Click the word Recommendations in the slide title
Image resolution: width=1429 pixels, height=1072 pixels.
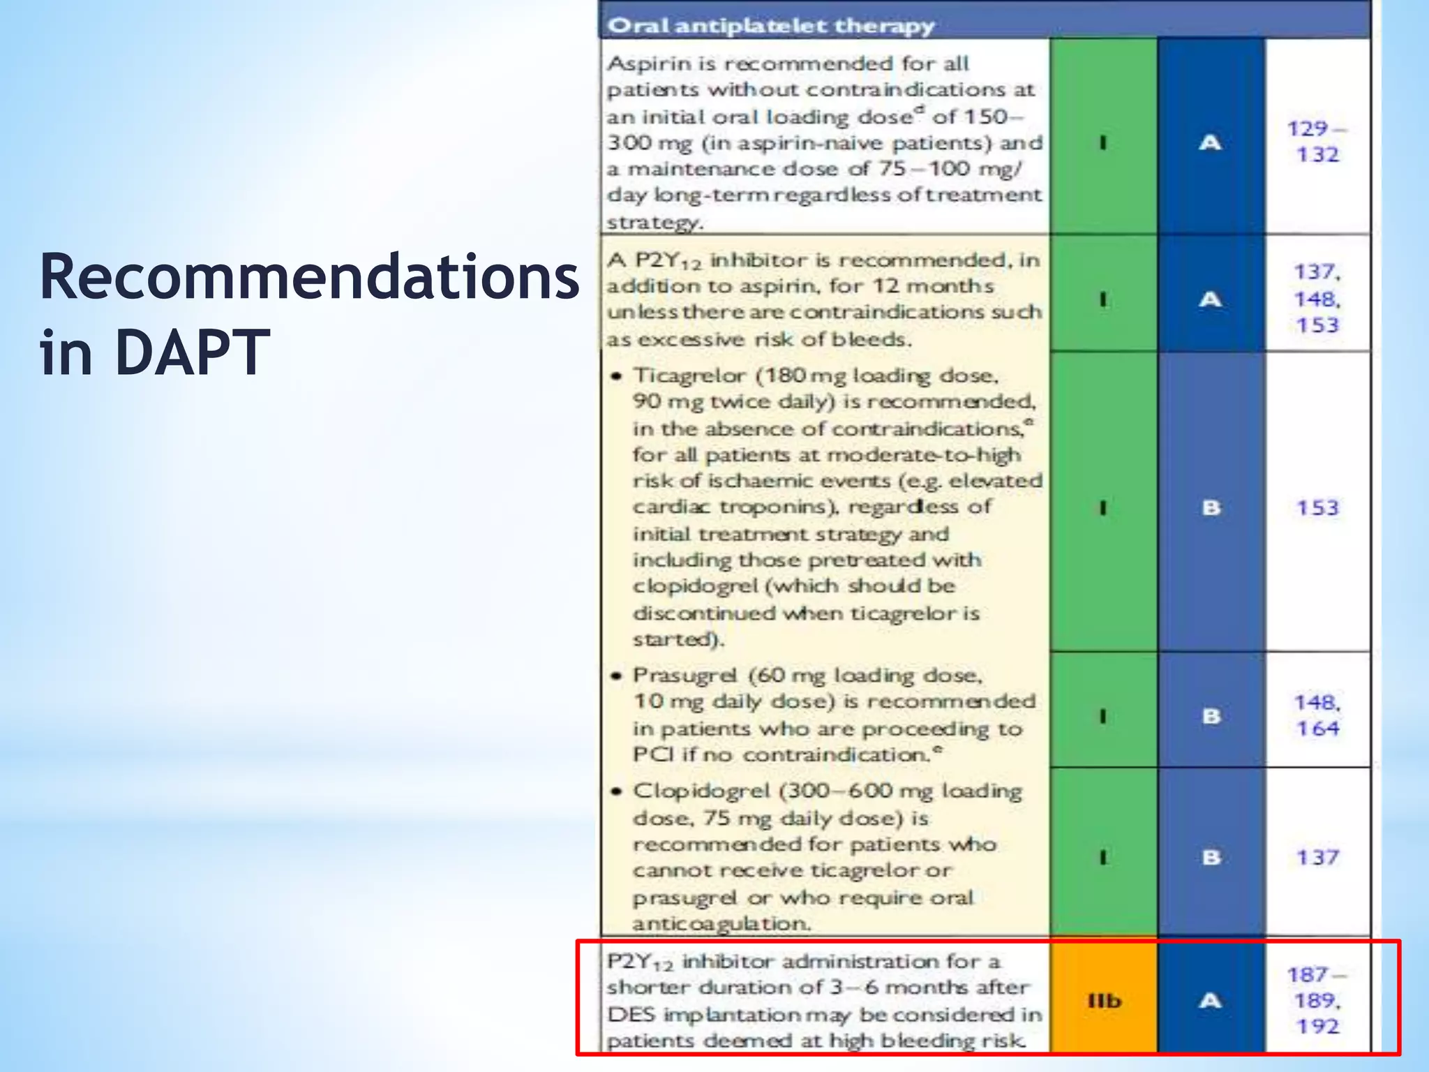pos(309,278)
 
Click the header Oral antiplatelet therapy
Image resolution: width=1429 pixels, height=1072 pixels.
pos(770,26)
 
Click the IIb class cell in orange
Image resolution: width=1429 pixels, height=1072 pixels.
pos(1104,1001)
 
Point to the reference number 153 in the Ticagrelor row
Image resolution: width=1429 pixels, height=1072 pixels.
pos(1317,507)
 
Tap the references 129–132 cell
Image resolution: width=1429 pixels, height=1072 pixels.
pos(1317,141)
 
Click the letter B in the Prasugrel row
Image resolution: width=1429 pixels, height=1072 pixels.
pos(1211,716)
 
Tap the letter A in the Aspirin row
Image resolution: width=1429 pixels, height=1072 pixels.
pos(1210,142)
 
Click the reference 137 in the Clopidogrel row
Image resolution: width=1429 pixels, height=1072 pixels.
pos(1317,857)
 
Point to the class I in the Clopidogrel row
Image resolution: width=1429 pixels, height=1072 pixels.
pos(1103,857)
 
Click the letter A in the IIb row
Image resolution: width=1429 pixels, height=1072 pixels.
pos(1210,1001)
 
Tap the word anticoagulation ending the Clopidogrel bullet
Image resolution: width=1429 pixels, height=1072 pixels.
pos(721,923)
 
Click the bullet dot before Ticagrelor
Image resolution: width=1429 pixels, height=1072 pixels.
pos(615,377)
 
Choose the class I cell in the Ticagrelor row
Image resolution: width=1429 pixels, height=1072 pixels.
pos(1103,507)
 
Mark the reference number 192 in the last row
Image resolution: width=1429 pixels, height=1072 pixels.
pos(1317,1027)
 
